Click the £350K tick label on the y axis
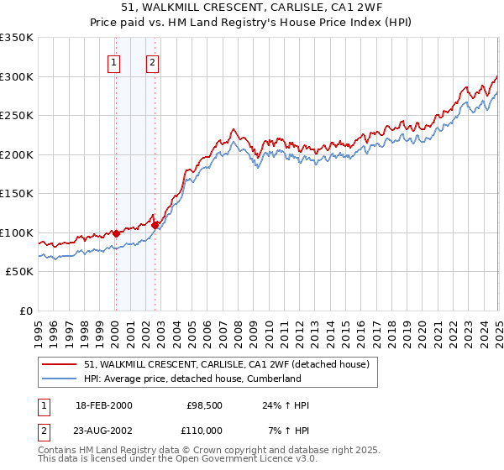[x=17, y=38]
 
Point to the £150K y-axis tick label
[x=17, y=193]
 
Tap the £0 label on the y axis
[x=24, y=311]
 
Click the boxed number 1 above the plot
[x=113, y=61]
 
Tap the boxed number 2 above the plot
[x=152, y=61]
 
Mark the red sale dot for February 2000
[x=116, y=233]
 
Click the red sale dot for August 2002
[x=155, y=224]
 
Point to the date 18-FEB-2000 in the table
[x=103, y=405]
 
